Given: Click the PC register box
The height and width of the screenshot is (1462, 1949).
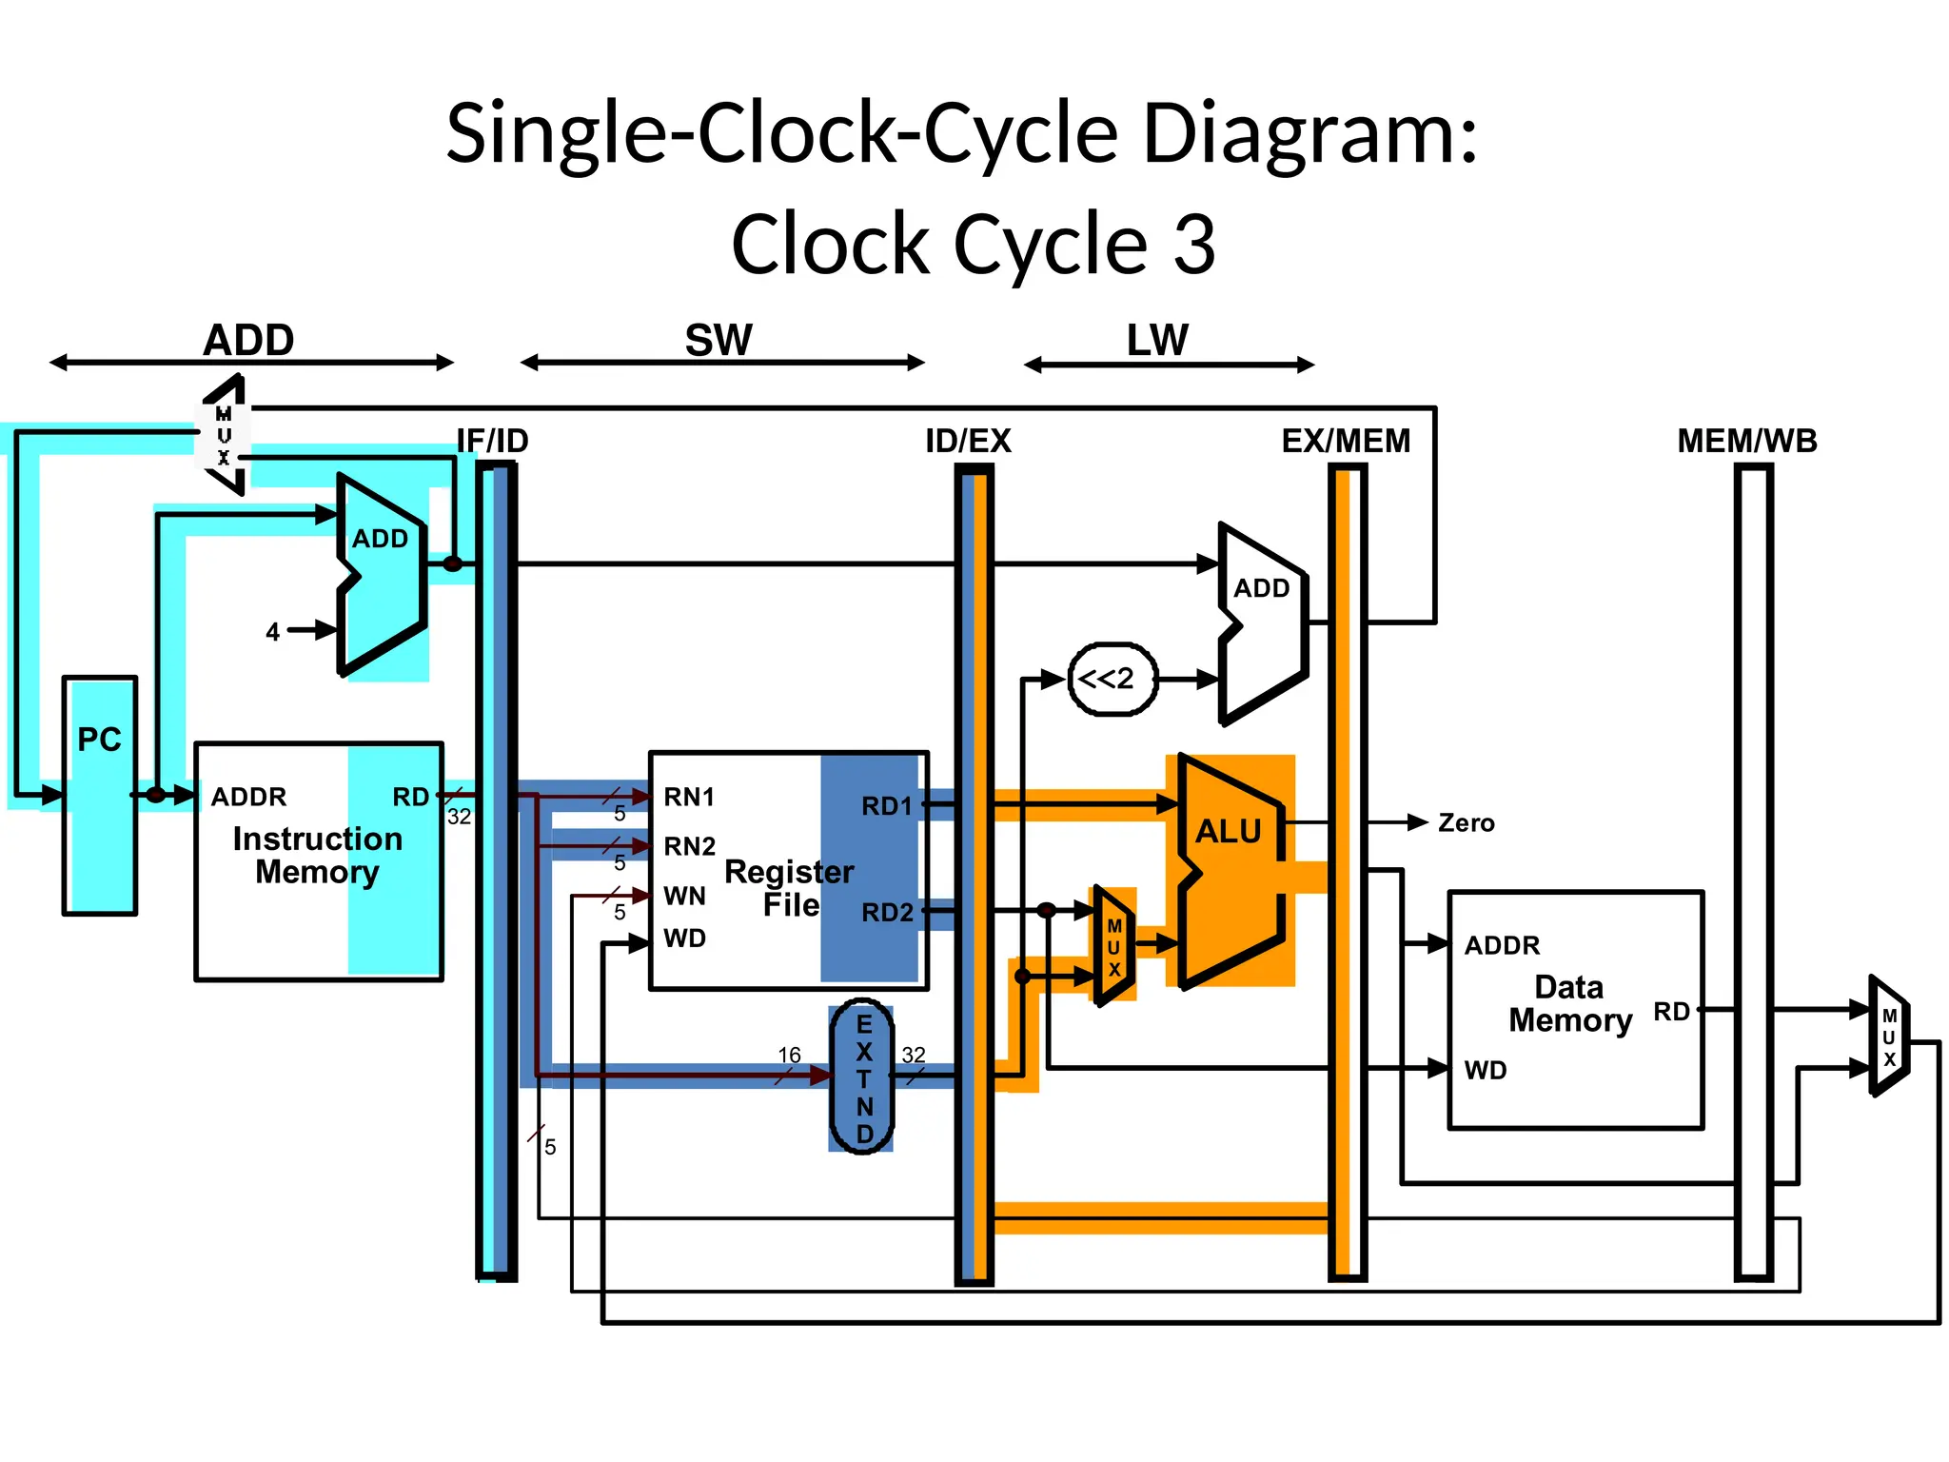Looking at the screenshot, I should pos(100,795).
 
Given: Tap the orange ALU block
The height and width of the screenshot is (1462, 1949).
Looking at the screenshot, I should pos(1230,871).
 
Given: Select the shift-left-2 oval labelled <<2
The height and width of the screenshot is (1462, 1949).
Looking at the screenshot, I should pos(1112,679).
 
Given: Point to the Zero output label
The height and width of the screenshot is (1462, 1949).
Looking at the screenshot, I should pos(1466,823).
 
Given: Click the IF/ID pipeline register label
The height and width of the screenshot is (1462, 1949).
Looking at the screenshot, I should pos(492,441).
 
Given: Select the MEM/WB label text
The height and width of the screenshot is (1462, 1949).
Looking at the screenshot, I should pos(1746,441).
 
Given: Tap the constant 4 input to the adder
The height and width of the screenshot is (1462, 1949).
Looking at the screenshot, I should pos(273,632).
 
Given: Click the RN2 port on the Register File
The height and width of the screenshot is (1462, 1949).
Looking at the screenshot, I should pos(689,846).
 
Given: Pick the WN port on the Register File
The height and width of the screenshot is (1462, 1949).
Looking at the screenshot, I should pos(684,896).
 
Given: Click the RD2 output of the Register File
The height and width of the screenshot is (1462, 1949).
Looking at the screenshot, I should pos(887,913).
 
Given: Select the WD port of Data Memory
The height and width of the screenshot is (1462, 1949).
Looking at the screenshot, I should pos(1486,1070).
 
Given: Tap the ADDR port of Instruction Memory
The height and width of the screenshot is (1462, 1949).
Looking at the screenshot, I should pos(248,797).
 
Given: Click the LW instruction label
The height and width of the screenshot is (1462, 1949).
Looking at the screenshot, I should pos(1157,341).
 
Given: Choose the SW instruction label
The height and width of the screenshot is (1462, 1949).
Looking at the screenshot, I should pos(719,341).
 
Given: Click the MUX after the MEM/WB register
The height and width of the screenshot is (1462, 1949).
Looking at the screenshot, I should pos(1889,1037).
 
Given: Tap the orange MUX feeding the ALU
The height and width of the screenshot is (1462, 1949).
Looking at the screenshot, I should pos(1113,946).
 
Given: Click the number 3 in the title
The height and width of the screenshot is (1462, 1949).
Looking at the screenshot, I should pos(1193,245).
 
